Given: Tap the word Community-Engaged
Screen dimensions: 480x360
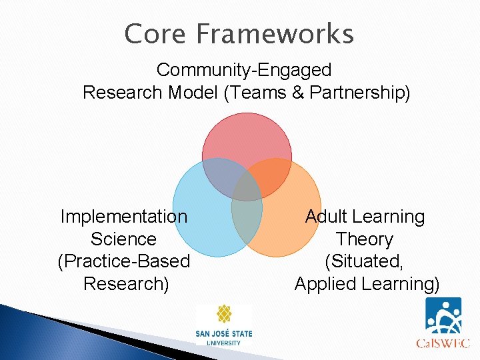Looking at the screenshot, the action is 244,69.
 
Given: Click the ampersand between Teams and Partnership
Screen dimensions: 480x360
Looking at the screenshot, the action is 297,93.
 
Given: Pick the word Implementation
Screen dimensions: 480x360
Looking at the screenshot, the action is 124,217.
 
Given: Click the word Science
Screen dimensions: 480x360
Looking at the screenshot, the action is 124,239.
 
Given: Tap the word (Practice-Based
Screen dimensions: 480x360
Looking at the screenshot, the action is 124,261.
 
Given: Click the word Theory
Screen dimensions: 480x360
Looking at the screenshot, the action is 365,239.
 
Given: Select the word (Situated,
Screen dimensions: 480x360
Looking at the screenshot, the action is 365,261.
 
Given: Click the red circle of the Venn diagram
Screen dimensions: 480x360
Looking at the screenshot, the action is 247,137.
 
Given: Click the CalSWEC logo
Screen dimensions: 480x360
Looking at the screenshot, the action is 443,323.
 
